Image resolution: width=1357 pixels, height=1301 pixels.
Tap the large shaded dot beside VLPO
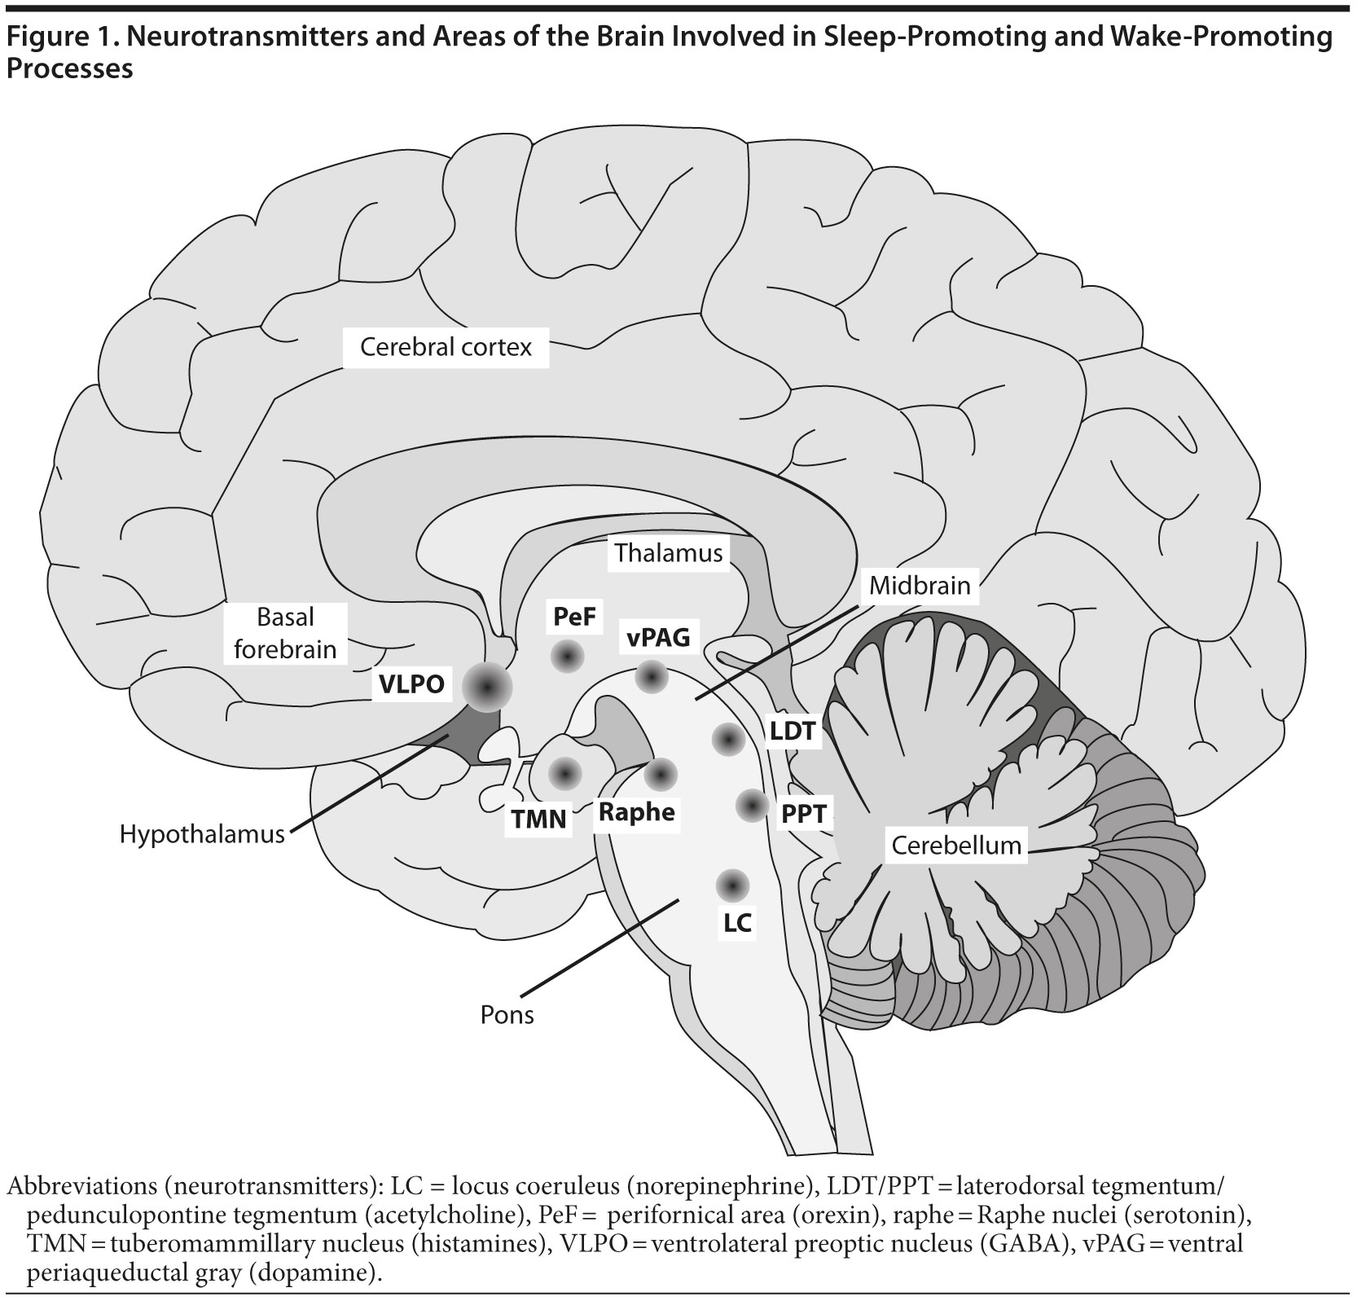(x=486, y=688)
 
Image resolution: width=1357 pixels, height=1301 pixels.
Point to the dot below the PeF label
(x=566, y=656)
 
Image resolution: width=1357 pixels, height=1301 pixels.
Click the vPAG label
(x=658, y=637)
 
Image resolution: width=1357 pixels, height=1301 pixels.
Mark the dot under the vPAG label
(x=652, y=675)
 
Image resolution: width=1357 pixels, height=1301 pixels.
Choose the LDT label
(x=793, y=731)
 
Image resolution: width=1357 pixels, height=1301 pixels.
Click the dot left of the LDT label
(x=728, y=740)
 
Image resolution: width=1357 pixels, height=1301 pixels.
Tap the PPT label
(x=805, y=813)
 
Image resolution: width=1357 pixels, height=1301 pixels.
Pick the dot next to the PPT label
(x=752, y=806)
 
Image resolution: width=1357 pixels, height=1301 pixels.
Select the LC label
(x=737, y=923)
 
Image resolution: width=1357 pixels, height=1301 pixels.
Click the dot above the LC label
(x=732, y=885)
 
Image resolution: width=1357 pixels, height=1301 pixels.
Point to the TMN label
(x=539, y=818)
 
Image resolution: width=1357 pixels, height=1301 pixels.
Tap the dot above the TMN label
(x=565, y=773)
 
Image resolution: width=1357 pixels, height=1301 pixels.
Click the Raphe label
(x=637, y=811)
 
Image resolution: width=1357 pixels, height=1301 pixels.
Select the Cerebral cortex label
(x=446, y=348)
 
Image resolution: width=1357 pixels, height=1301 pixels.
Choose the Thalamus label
(x=669, y=553)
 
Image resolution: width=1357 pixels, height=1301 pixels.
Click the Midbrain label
(x=920, y=585)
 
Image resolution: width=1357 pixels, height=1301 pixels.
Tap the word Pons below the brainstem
(x=507, y=1015)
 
